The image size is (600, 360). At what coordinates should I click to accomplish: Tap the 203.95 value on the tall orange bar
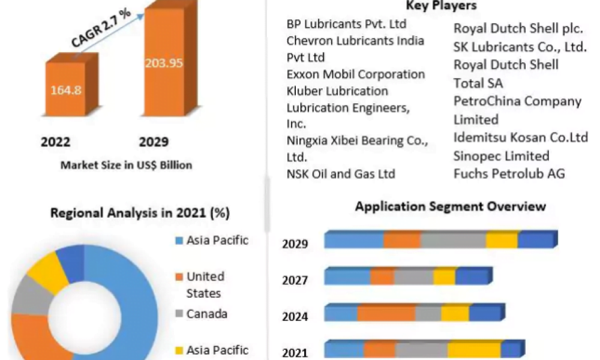click(163, 62)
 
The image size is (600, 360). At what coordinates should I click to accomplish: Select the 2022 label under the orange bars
click(55, 142)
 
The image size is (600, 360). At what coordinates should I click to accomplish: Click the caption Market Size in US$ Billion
click(126, 164)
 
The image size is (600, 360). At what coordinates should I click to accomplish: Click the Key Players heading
click(441, 6)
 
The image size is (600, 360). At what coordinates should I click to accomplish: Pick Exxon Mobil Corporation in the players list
click(356, 74)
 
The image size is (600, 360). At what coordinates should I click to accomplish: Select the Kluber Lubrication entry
click(337, 91)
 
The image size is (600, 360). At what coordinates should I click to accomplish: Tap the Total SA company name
click(478, 83)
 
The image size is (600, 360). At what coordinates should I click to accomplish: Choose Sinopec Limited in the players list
click(501, 156)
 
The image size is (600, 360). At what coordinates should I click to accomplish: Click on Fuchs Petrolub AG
click(509, 174)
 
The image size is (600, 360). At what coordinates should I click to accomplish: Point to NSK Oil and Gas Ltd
click(341, 174)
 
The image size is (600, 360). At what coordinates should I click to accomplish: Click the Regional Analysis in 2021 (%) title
click(140, 212)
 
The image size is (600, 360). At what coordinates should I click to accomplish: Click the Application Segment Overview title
click(450, 206)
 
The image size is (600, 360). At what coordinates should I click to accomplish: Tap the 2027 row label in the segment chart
click(295, 281)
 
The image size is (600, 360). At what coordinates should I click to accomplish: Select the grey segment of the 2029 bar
click(453, 240)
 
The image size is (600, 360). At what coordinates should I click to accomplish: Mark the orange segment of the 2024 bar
click(386, 313)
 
